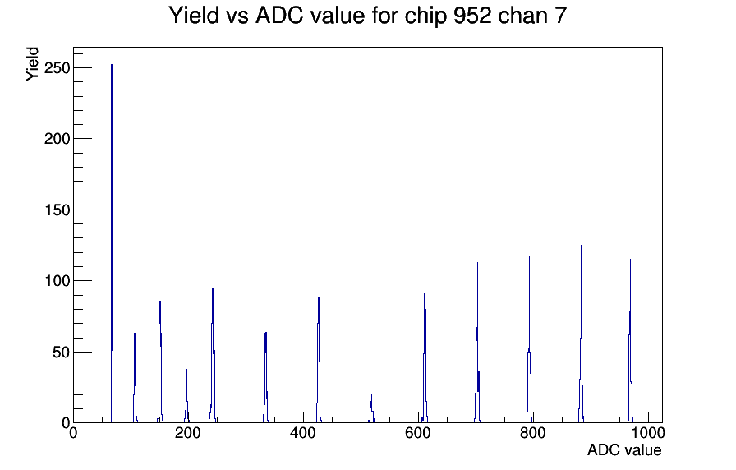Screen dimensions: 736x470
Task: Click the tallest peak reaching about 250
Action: [112, 244]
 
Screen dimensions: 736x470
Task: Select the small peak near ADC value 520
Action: [371, 409]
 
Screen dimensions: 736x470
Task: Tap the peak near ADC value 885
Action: [581, 334]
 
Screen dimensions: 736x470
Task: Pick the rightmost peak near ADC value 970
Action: [630, 341]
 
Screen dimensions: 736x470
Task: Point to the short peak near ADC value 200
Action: [186, 397]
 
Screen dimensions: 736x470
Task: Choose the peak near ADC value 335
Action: [265, 378]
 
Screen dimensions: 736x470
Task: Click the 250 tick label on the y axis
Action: [57, 68]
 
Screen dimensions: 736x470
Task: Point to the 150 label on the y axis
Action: [57, 210]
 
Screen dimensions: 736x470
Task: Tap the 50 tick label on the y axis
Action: [61, 352]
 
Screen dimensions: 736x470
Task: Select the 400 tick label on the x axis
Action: [303, 433]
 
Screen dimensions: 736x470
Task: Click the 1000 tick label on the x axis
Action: [647, 433]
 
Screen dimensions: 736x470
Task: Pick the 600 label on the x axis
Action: [418, 433]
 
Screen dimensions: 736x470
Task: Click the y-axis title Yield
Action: [32, 64]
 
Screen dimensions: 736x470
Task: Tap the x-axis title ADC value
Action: [624, 449]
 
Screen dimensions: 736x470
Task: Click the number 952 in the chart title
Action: [472, 16]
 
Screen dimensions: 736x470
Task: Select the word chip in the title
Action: [425, 16]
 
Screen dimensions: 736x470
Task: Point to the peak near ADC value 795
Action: [530, 340]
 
